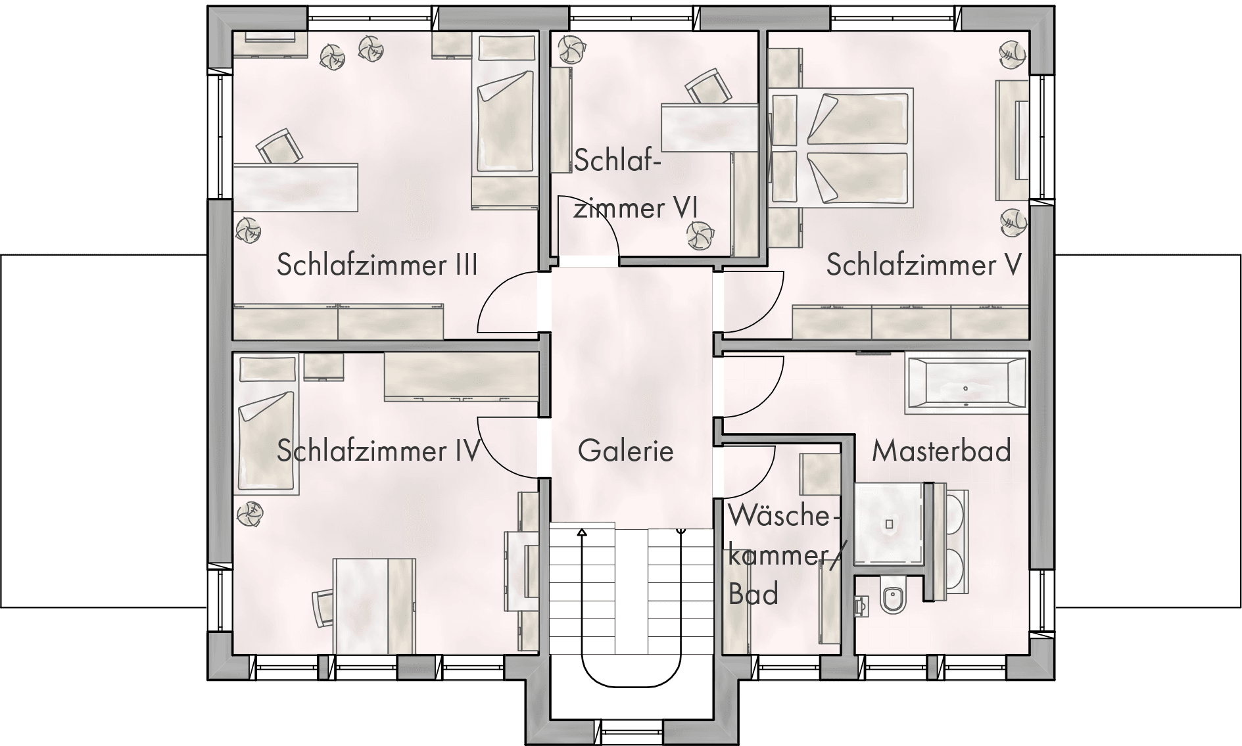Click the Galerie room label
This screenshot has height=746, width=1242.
625,451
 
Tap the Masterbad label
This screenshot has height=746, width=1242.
942,451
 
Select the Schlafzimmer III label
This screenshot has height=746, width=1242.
377,266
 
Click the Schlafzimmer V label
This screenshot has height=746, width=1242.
924,266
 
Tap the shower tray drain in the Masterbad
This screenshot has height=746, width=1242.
889,524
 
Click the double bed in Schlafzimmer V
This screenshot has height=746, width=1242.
841,148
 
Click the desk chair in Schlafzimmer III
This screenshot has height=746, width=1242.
279,147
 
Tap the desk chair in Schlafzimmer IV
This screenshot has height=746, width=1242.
325,609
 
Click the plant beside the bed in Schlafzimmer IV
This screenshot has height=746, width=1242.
250,513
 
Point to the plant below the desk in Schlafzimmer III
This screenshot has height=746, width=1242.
249,229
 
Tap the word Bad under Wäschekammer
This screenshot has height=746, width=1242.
753,594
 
